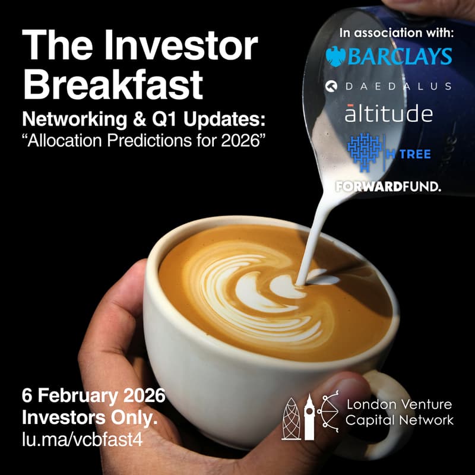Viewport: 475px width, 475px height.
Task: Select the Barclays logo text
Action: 400,56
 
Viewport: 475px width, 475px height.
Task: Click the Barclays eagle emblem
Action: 337,56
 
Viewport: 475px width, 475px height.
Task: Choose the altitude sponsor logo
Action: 388,112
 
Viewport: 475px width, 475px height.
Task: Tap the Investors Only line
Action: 90,418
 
